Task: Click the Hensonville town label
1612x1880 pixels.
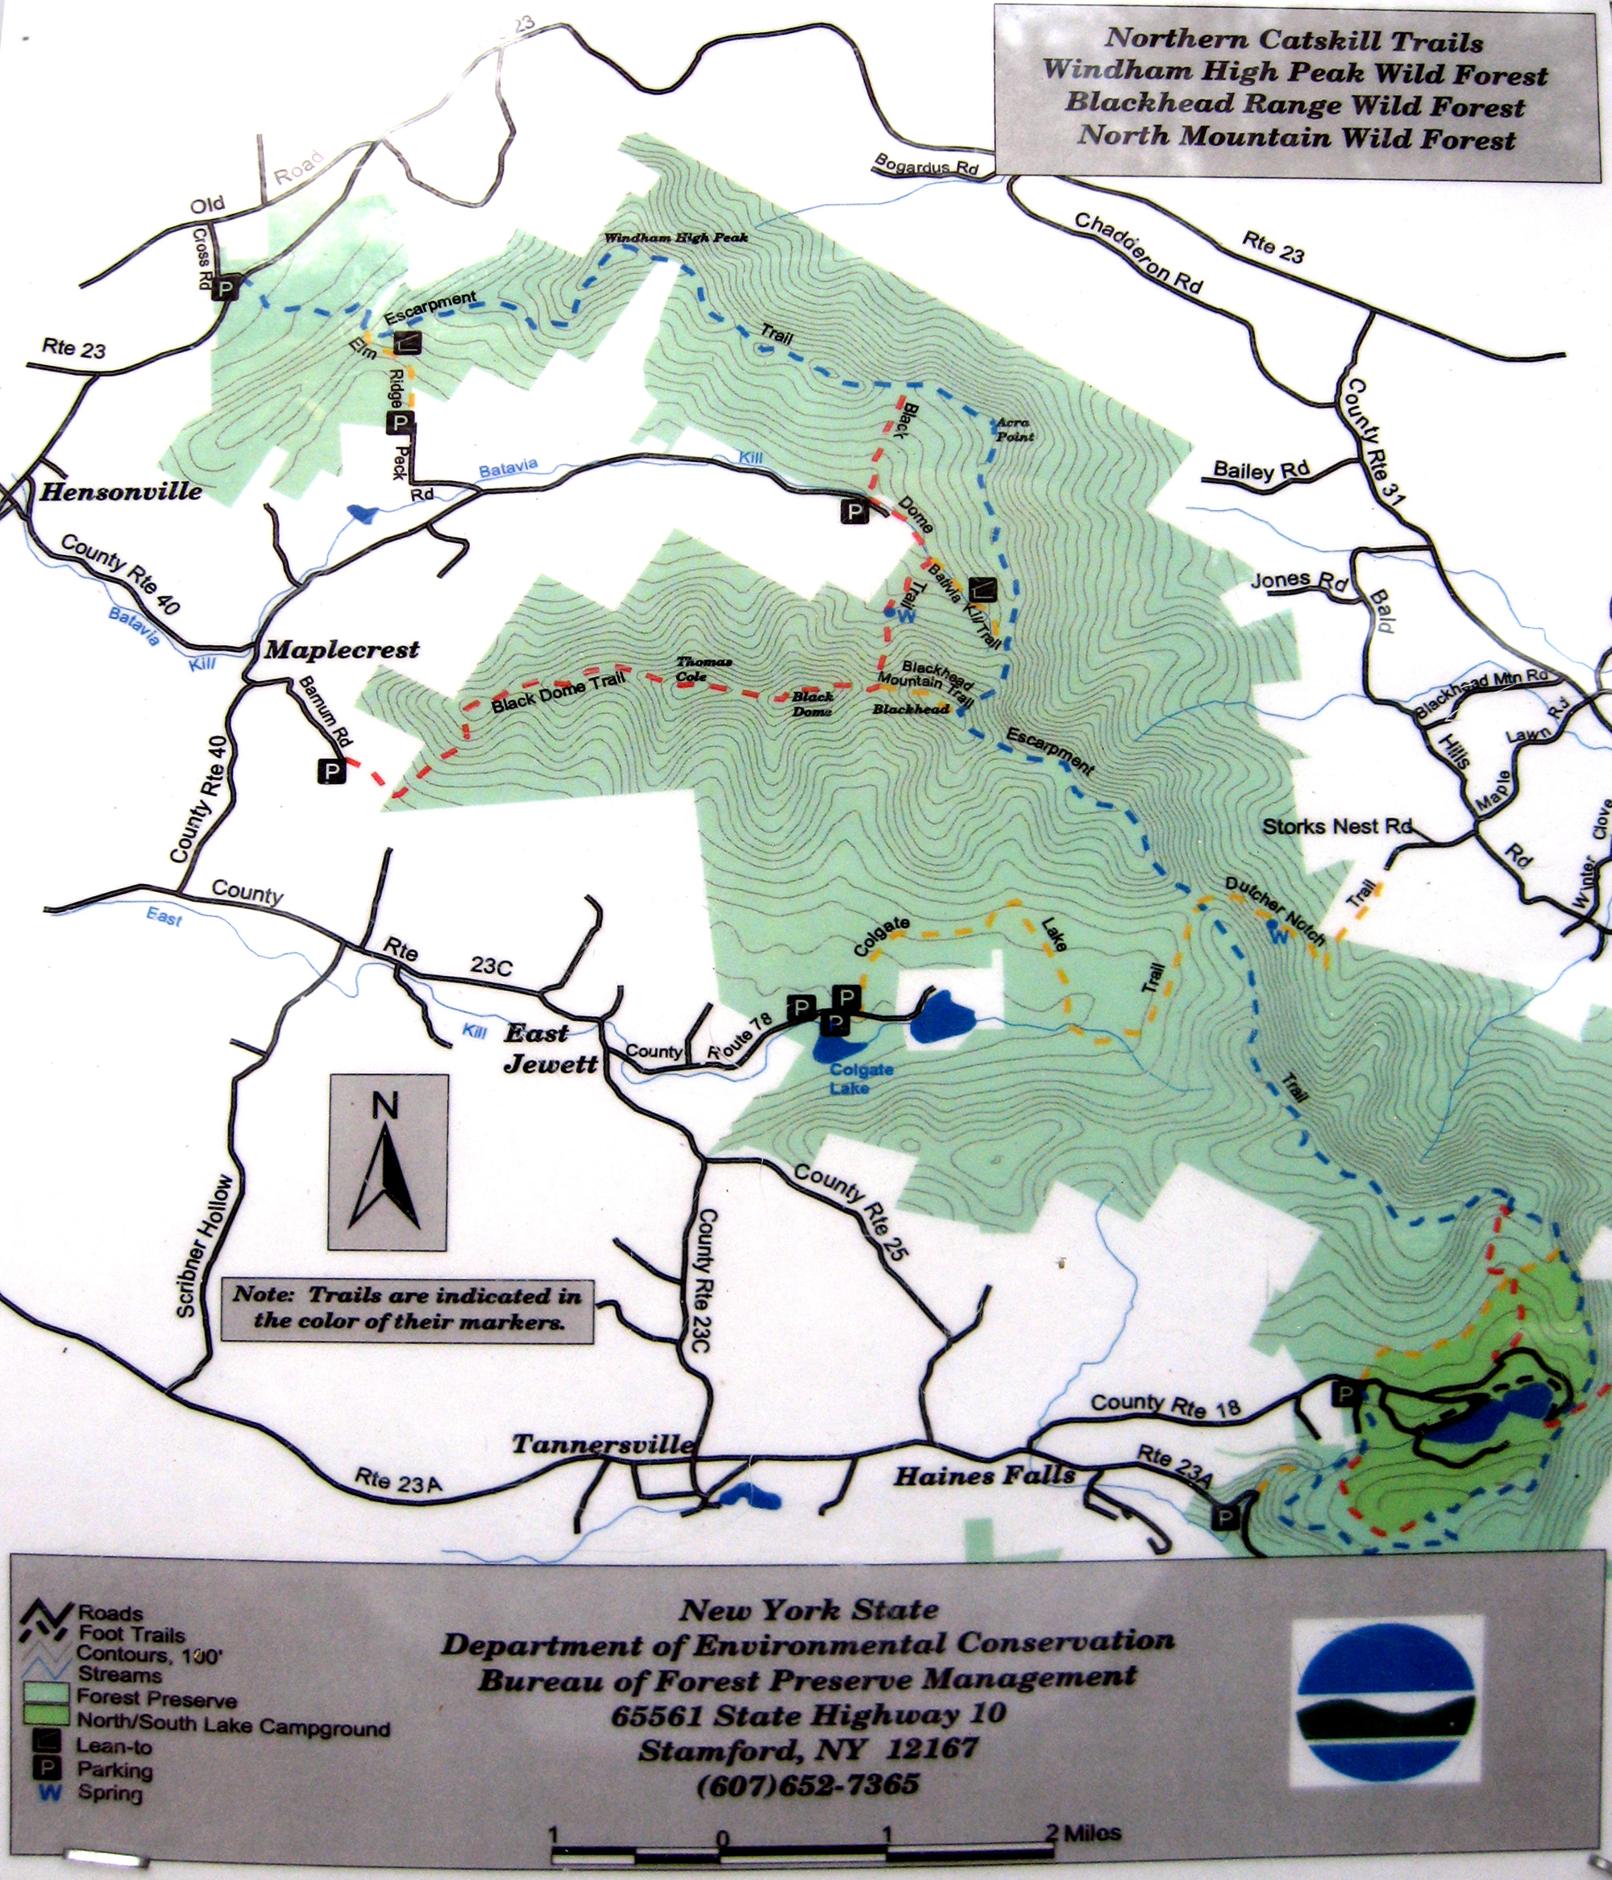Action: pyautogui.click(x=121, y=492)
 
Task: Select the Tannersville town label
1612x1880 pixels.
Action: pyautogui.click(x=603, y=1445)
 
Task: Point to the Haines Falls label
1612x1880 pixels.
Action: pyautogui.click(x=984, y=1476)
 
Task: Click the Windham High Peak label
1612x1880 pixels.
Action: pyautogui.click(x=676, y=238)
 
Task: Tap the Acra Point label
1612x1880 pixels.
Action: pyautogui.click(x=1014, y=430)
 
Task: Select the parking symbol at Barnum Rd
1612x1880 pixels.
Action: pyautogui.click(x=331, y=771)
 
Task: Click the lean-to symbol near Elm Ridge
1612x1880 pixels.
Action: pyautogui.click(x=409, y=341)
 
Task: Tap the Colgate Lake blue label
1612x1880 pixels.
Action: pyautogui.click(x=862, y=1078)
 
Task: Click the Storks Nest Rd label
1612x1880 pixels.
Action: pyautogui.click(x=1337, y=827)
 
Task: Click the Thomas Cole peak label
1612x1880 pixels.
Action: pyautogui.click(x=704, y=669)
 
